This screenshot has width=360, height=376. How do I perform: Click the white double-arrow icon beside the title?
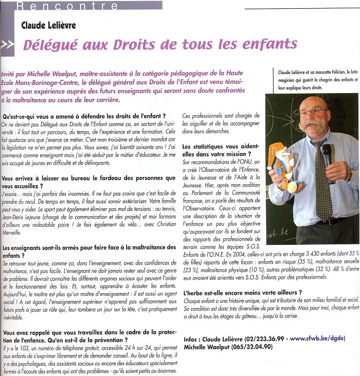click(7, 45)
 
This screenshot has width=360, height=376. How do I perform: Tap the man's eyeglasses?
click(313, 111)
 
